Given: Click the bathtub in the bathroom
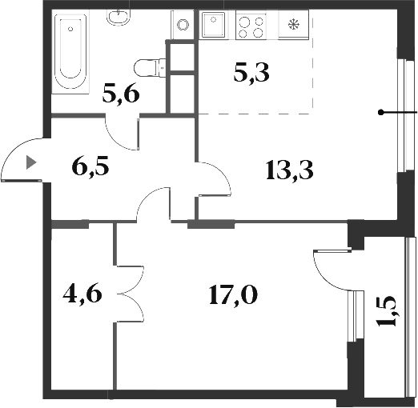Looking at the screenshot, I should [70, 52].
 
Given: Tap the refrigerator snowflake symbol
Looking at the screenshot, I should [293, 26].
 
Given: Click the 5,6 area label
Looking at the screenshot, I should [122, 95].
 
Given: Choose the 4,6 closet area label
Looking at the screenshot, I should [82, 295].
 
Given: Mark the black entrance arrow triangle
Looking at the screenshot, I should [31, 162].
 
